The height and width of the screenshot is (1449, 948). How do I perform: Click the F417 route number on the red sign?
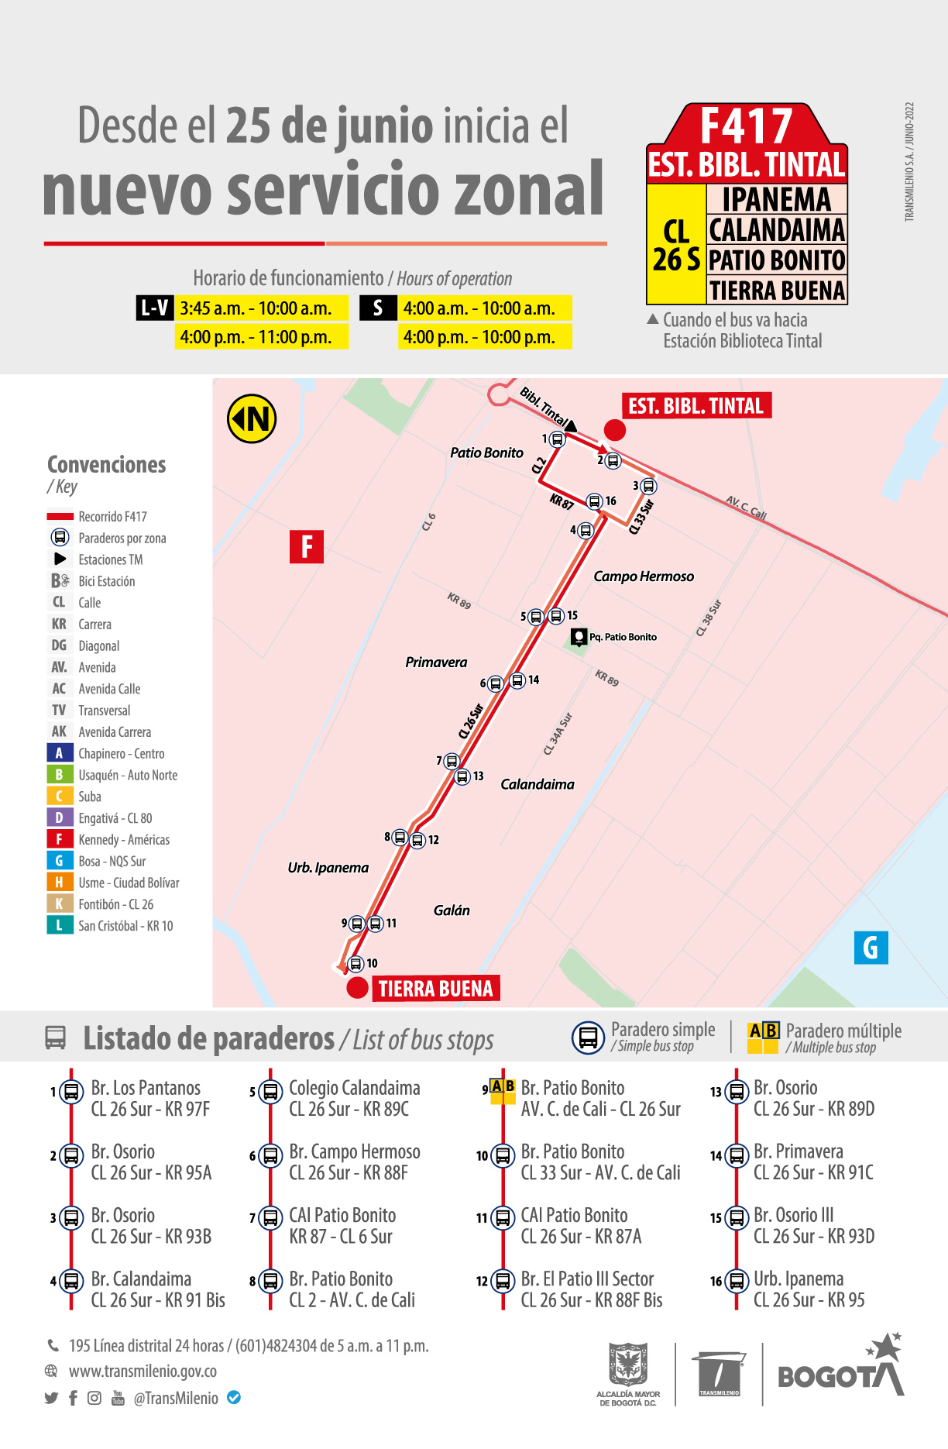746,126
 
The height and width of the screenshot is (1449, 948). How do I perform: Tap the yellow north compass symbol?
252,419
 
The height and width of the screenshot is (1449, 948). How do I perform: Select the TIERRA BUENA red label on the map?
435,989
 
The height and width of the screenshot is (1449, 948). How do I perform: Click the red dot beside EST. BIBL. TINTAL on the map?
615,430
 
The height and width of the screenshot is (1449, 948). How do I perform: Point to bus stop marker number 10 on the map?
355,964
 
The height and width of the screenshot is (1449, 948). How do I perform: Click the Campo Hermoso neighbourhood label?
644,577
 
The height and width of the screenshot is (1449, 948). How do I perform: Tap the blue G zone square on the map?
871,947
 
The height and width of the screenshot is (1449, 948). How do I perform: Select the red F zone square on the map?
307,546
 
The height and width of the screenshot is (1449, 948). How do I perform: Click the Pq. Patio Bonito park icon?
579,637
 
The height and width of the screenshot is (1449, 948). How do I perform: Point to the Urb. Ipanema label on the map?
328,868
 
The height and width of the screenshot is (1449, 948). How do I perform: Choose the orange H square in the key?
60,883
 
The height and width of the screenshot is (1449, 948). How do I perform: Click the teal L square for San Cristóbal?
60,925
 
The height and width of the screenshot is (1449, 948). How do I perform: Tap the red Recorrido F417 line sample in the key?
60,516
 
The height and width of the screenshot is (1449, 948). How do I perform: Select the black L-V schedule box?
154,308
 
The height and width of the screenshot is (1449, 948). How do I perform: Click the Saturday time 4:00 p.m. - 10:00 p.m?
479,337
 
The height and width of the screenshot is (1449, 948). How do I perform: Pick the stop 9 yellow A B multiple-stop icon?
503,1087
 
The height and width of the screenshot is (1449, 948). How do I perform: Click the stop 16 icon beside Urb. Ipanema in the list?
736,1281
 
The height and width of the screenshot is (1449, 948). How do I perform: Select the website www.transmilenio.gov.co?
143,1371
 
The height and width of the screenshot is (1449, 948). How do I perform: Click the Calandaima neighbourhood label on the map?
538,784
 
